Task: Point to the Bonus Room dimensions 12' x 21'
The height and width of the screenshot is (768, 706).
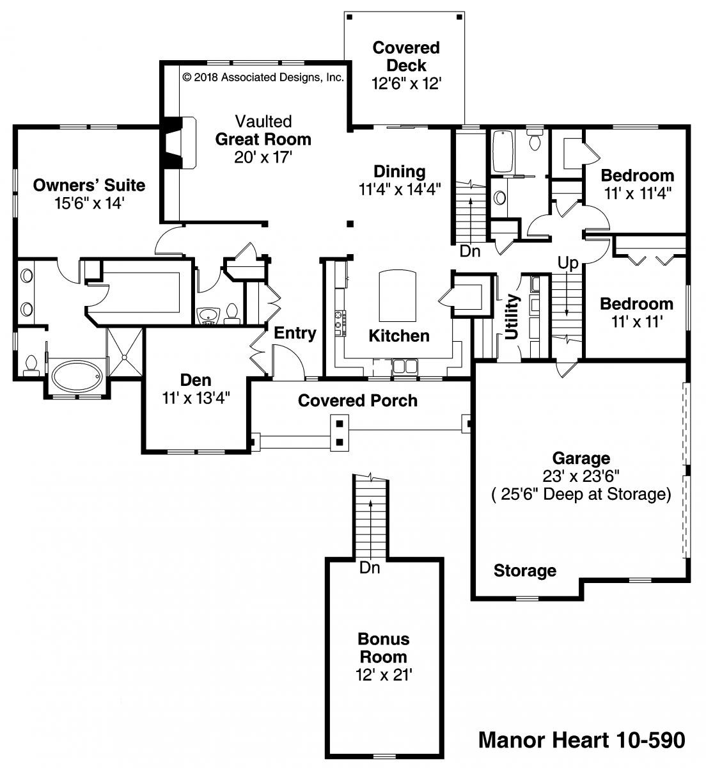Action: point(384,675)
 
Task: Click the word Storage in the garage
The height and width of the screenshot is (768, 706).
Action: point(524,570)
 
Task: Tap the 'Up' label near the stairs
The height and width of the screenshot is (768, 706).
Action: point(568,263)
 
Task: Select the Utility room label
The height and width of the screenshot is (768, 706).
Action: point(511,317)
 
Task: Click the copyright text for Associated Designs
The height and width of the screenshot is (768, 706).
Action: point(263,77)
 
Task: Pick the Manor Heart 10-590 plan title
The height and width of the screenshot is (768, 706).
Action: point(581,740)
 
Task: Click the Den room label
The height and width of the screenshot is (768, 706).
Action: point(195,381)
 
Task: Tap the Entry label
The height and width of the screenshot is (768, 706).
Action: point(295,333)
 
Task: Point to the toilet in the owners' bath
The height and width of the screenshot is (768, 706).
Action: point(30,365)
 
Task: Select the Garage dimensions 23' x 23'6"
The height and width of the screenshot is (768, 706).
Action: point(581,476)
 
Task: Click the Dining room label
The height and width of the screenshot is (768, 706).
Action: point(399,172)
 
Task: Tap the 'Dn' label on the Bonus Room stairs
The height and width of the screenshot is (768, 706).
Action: point(369,568)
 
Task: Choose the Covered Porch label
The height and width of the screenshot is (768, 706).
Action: point(357,401)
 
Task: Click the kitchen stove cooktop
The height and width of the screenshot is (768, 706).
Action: point(340,324)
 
